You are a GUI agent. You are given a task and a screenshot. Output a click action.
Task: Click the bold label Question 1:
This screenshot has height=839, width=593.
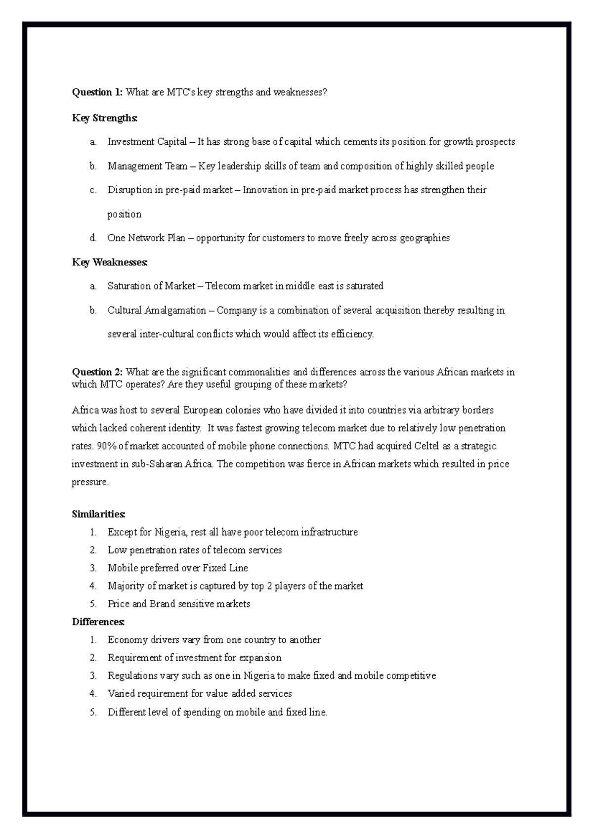pyautogui.click(x=98, y=92)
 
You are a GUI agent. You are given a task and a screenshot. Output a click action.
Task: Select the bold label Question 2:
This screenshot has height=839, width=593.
pyautogui.click(x=98, y=373)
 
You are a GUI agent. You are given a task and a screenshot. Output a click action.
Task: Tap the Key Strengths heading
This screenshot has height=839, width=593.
pyautogui.click(x=105, y=118)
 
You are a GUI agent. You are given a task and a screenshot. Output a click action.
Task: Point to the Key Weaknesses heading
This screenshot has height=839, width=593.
pyautogui.click(x=110, y=262)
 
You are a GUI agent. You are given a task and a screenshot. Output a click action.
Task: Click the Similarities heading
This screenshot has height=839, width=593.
pyautogui.click(x=99, y=514)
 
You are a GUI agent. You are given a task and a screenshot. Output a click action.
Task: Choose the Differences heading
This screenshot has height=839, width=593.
pyautogui.click(x=98, y=622)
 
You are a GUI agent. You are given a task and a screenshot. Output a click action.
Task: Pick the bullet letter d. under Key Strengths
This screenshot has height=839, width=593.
pyautogui.click(x=93, y=238)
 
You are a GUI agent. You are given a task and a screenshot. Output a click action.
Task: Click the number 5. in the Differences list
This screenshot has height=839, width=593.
pyautogui.click(x=93, y=712)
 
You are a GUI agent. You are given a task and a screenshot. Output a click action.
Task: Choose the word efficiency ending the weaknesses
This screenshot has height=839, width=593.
pyautogui.click(x=353, y=335)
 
